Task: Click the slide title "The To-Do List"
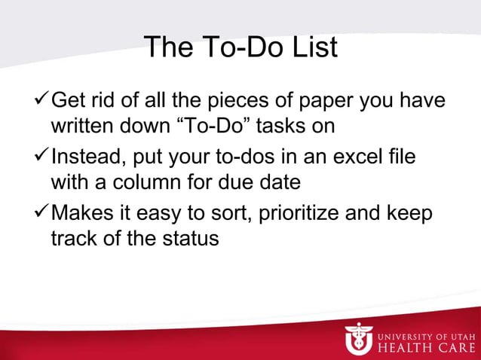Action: pos(240,47)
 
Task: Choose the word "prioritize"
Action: pos(299,215)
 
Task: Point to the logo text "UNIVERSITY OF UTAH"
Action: pos(427,332)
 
